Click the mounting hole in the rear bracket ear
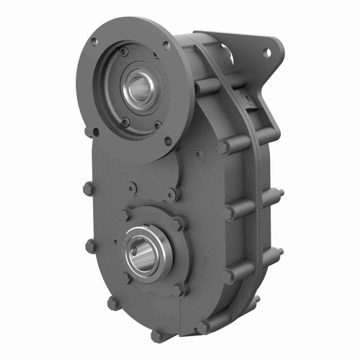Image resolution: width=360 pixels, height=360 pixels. pyautogui.click(x=268, y=53)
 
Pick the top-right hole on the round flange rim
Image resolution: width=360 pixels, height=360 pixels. pyautogui.click(x=166, y=45)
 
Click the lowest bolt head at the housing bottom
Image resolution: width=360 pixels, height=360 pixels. pyautogui.click(x=157, y=336)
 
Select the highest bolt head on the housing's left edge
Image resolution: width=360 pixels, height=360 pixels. pyautogui.click(x=89, y=189)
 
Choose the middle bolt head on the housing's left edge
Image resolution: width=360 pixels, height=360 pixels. pyautogui.click(x=91, y=246)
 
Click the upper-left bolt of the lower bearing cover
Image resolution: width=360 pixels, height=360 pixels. pyautogui.click(x=127, y=215)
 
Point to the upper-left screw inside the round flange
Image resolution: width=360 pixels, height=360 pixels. pyautogui.click(x=124, y=52)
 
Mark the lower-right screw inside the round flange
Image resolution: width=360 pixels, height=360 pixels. pyautogui.click(x=158, y=125)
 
